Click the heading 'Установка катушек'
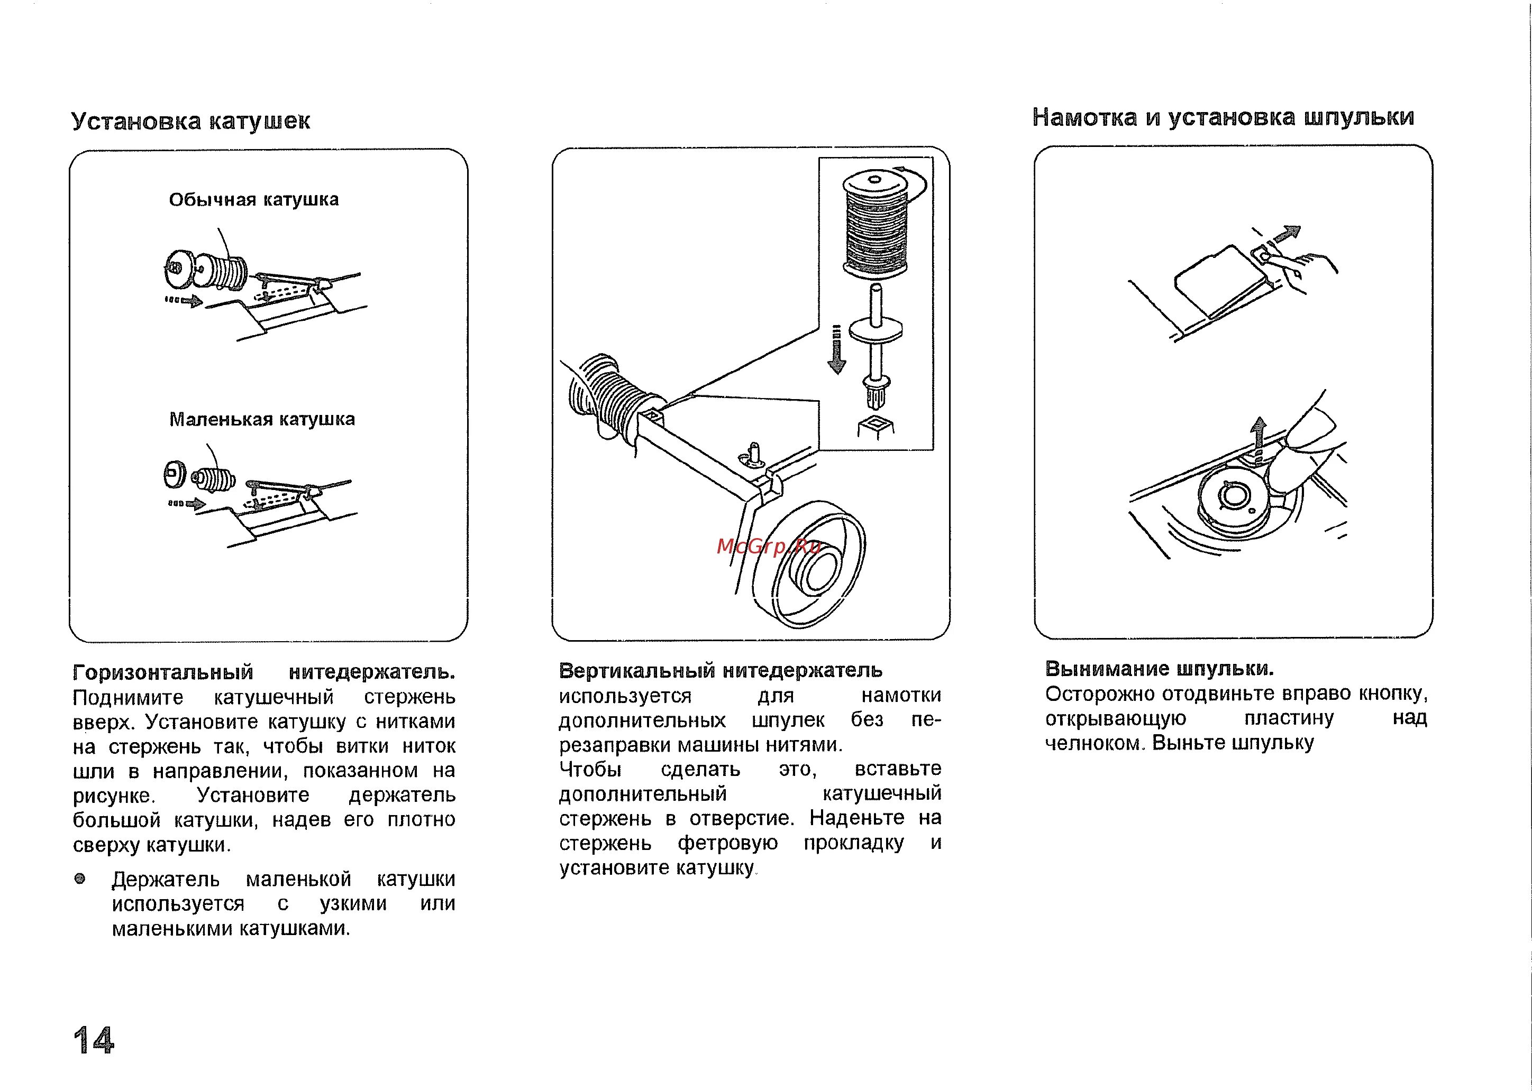click(191, 121)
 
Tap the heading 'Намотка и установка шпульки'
click(1223, 117)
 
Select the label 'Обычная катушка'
click(253, 199)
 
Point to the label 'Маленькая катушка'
click(261, 419)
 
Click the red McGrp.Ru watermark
click(768, 546)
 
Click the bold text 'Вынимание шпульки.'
click(1160, 669)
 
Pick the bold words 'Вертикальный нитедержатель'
click(721, 670)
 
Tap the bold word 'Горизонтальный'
click(163, 672)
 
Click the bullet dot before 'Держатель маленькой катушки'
click(80, 879)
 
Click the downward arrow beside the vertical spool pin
click(836, 350)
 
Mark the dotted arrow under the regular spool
click(184, 300)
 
